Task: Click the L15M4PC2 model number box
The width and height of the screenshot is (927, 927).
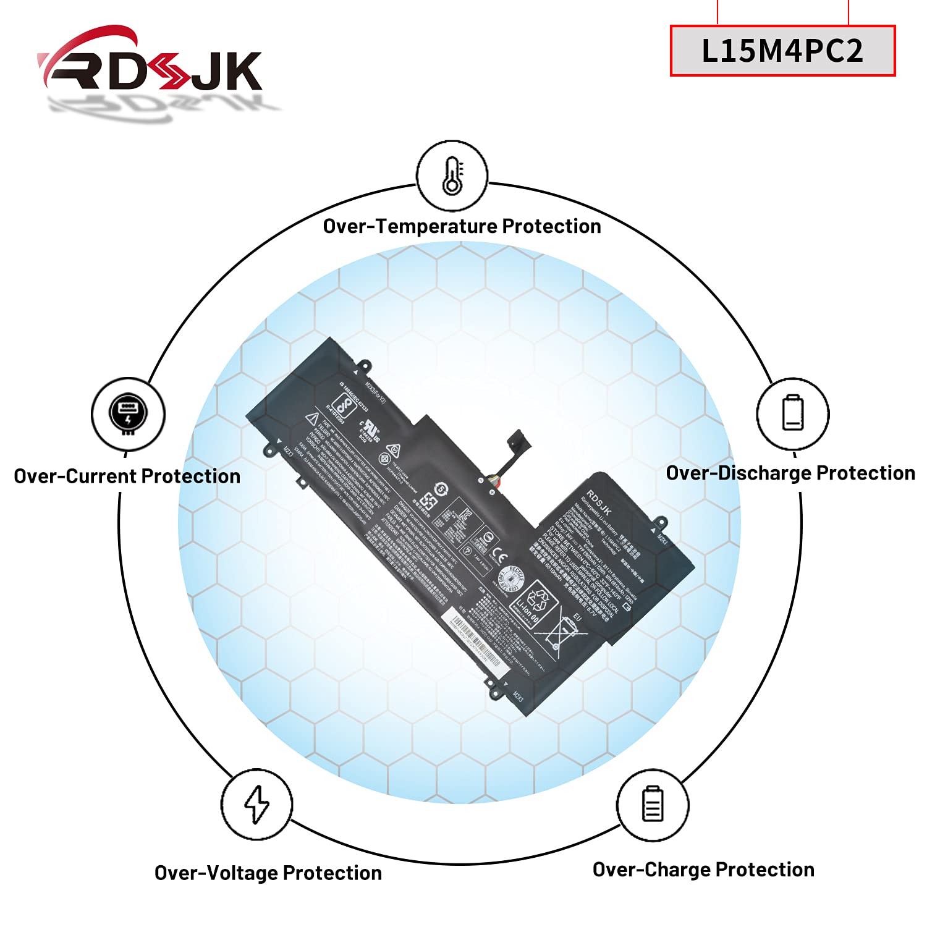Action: (782, 51)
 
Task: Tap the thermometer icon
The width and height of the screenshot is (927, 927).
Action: (452, 176)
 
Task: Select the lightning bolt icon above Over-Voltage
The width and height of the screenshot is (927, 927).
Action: (256, 804)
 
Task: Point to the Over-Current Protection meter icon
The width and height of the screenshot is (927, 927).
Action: (128, 413)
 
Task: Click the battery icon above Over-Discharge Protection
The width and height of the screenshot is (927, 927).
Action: (793, 413)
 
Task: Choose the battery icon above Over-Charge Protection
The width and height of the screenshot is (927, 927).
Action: (653, 803)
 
